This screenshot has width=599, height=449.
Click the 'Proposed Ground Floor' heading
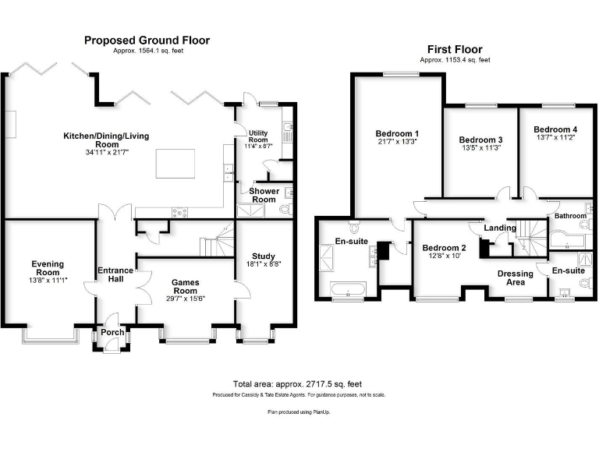(x=147, y=41)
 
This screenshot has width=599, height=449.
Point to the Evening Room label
(x=48, y=269)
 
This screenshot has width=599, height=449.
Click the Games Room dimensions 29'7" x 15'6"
(x=186, y=288)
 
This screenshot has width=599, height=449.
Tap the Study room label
(x=264, y=256)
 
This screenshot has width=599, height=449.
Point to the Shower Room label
(x=264, y=195)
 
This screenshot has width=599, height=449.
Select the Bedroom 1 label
(x=397, y=133)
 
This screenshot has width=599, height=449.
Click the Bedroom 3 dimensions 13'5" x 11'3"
(x=480, y=147)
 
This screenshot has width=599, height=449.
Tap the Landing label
(x=500, y=228)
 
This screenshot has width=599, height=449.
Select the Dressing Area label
(x=516, y=278)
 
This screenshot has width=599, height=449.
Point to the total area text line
(x=297, y=384)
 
